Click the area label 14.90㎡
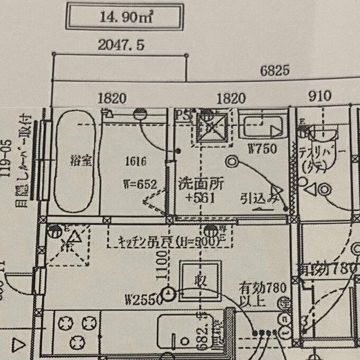124,17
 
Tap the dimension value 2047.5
121,46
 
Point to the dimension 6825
275,70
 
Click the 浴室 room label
80,160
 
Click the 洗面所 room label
202,184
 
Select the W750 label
262,149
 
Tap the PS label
183,114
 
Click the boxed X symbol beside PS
212,127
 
